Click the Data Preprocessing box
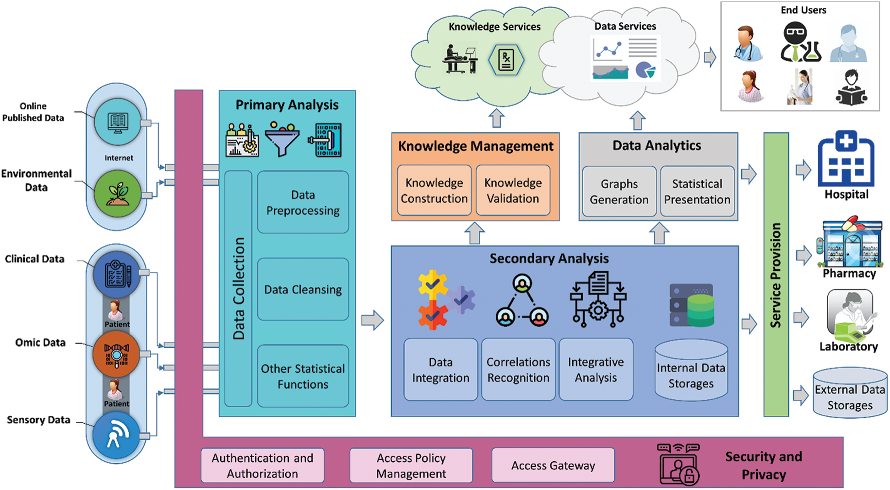[303, 202]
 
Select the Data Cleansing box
[303, 289]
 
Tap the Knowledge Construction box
[434, 190]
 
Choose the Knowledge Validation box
[513, 190]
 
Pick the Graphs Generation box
[619, 191]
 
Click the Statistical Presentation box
[697, 191]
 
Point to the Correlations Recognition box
[518, 370]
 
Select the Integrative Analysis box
[596, 370]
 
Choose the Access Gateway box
[553, 465]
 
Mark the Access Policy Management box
[411, 465]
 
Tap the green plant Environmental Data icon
[118, 194]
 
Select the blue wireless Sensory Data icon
[116, 435]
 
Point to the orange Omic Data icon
[116, 355]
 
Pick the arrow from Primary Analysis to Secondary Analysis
[373, 320]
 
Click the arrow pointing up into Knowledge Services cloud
[496, 118]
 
